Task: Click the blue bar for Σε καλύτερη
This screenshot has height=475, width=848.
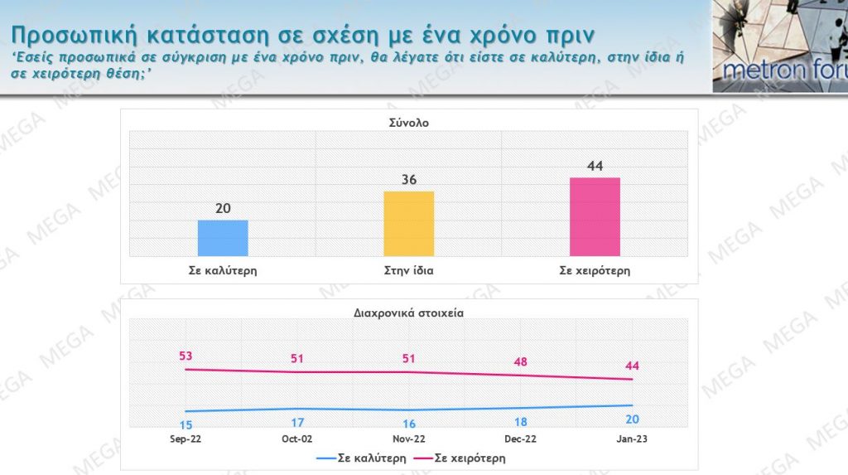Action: [223, 238]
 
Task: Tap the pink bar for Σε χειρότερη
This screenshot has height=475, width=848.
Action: [595, 216]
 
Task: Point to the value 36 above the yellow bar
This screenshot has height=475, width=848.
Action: [409, 180]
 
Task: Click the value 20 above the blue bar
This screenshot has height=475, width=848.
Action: [223, 208]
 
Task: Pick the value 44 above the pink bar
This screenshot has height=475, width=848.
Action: [595, 166]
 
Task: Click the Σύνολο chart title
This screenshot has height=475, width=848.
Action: [409, 122]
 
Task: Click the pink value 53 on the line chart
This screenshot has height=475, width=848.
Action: [185, 356]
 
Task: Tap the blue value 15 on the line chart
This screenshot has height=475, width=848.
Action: [185, 424]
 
